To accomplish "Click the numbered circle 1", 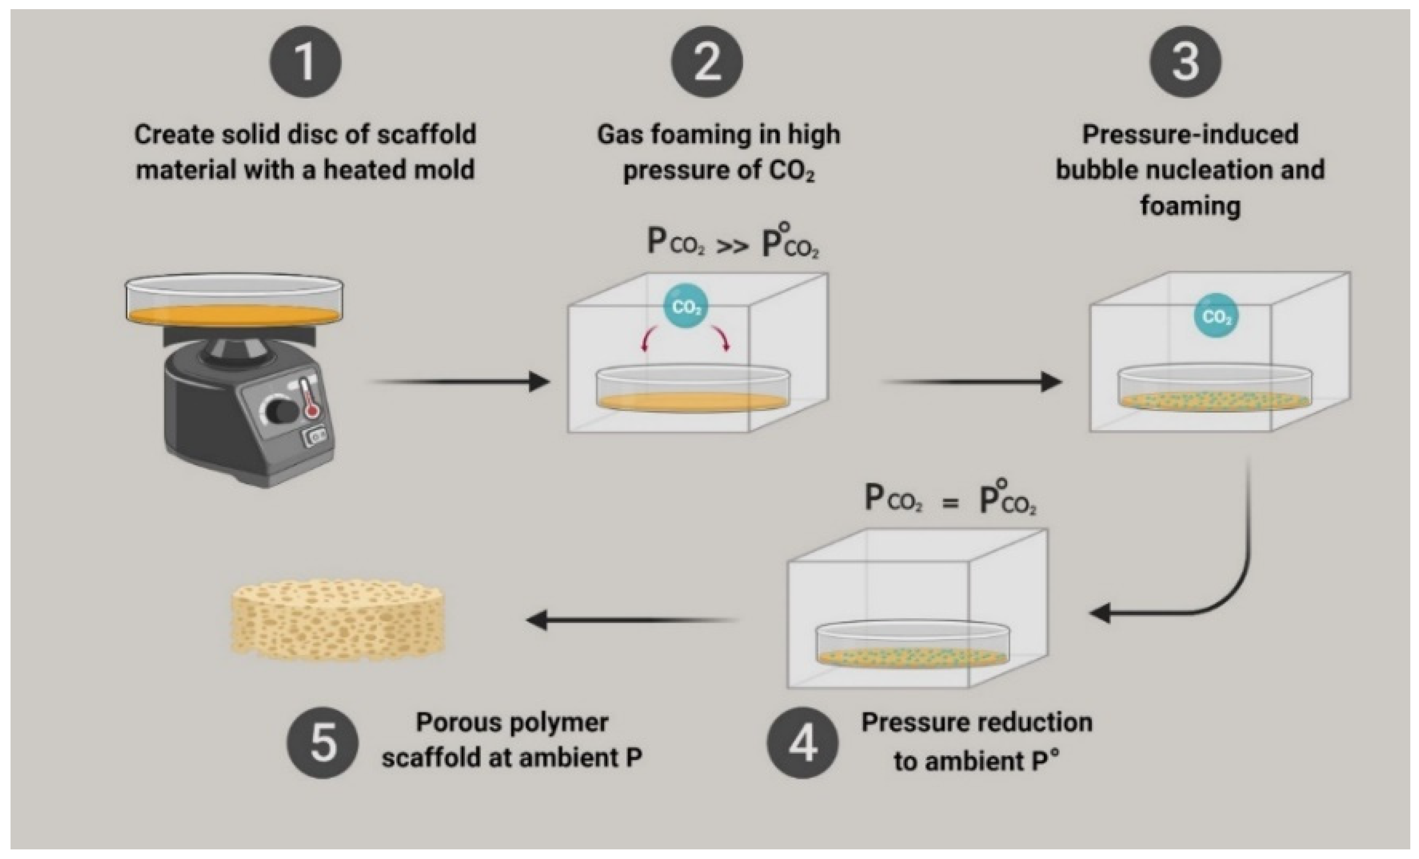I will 305,62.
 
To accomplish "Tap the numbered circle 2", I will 707,62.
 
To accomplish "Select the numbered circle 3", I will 1186,62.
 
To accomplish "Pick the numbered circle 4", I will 802,743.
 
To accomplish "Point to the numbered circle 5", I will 323,743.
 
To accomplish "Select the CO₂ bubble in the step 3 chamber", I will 1217,316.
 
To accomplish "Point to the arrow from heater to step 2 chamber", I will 461,381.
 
